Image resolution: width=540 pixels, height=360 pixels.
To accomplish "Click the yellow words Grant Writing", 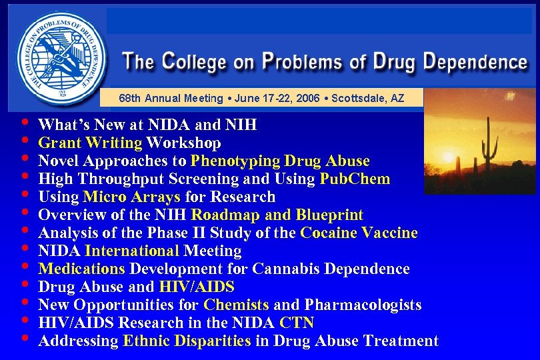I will [x=90, y=143].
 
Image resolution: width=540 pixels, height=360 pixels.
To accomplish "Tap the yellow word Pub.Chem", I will [x=355, y=179].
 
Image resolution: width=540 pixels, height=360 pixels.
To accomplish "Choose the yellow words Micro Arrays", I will [x=131, y=197].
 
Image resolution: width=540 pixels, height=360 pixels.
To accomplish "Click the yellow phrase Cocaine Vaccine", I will [x=359, y=233].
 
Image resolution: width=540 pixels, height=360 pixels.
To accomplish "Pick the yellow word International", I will [x=132, y=251].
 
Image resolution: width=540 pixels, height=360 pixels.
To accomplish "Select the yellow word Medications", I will [x=81, y=269].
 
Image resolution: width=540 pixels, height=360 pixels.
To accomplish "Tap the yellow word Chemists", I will [x=236, y=305].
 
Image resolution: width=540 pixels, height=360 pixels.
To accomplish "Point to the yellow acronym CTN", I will [x=297, y=323].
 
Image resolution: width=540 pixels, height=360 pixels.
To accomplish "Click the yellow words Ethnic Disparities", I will [x=187, y=341].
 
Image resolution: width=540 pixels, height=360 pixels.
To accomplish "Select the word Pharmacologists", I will [x=363, y=305].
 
